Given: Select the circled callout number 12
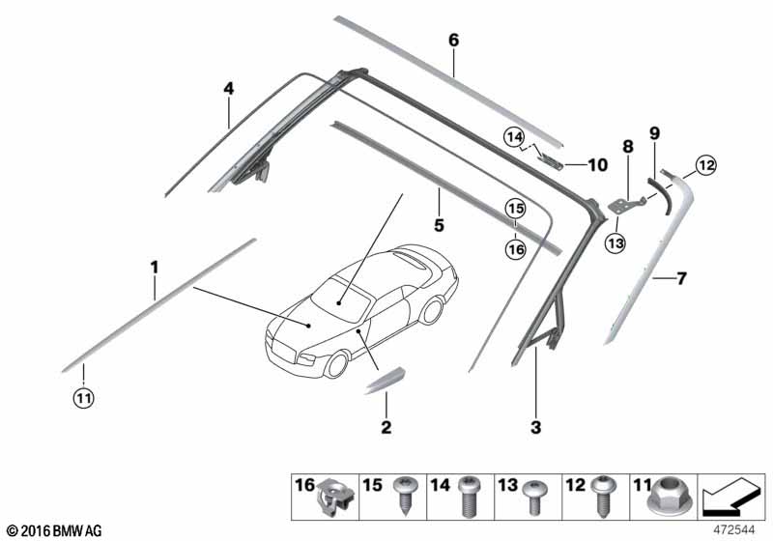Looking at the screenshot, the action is point(706,165).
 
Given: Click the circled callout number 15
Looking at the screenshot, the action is point(514,208).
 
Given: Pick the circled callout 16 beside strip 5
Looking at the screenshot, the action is point(514,250).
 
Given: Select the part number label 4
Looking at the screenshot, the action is point(228,89).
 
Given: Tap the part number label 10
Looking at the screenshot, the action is point(597,165).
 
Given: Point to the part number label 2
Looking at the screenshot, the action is point(386,426).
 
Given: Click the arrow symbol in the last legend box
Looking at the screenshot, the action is point(729,500).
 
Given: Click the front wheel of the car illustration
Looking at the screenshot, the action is point(336,364).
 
